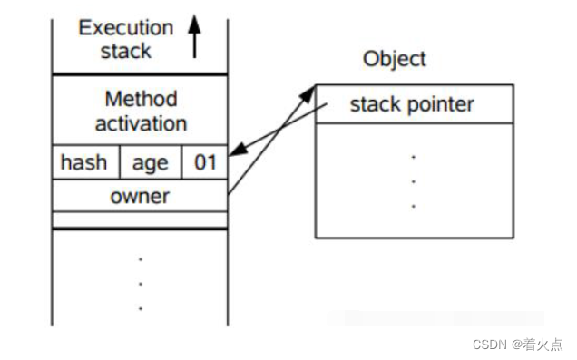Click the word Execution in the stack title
[126, 27]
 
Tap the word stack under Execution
[126, 50]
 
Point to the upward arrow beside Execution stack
[193, 37]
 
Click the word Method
[141, 99]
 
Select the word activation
[141, 122]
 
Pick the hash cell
[84, 163]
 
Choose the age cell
[150, 163]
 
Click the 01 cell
[205, 163]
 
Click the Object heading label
[394, 59]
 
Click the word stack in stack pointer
[375, 104]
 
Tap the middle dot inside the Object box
[414, 181]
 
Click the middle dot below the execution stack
[141, 284]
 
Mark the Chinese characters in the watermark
[544, 345]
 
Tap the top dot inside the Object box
[414, 158]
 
